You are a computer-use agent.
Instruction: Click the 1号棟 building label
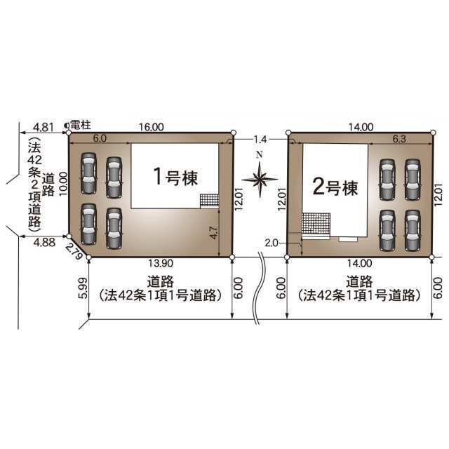176,176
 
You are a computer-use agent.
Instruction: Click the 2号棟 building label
335,187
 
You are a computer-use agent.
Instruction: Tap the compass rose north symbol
260,176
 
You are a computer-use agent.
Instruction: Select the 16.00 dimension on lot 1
152,127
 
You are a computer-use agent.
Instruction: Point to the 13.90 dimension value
161,263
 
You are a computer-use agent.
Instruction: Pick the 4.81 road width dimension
43,127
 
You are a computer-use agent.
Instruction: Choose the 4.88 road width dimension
44,243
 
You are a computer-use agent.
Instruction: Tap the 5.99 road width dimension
83,288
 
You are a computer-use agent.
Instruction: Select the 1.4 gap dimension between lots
260,140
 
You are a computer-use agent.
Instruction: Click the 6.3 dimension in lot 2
399,139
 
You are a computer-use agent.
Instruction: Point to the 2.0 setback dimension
272,243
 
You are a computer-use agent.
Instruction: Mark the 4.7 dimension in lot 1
213,232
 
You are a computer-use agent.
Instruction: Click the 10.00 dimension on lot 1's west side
63,184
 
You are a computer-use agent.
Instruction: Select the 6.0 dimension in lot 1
100,138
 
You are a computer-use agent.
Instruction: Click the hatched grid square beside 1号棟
209,201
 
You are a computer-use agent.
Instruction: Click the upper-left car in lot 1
88,173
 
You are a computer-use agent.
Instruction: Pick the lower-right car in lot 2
413,231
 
